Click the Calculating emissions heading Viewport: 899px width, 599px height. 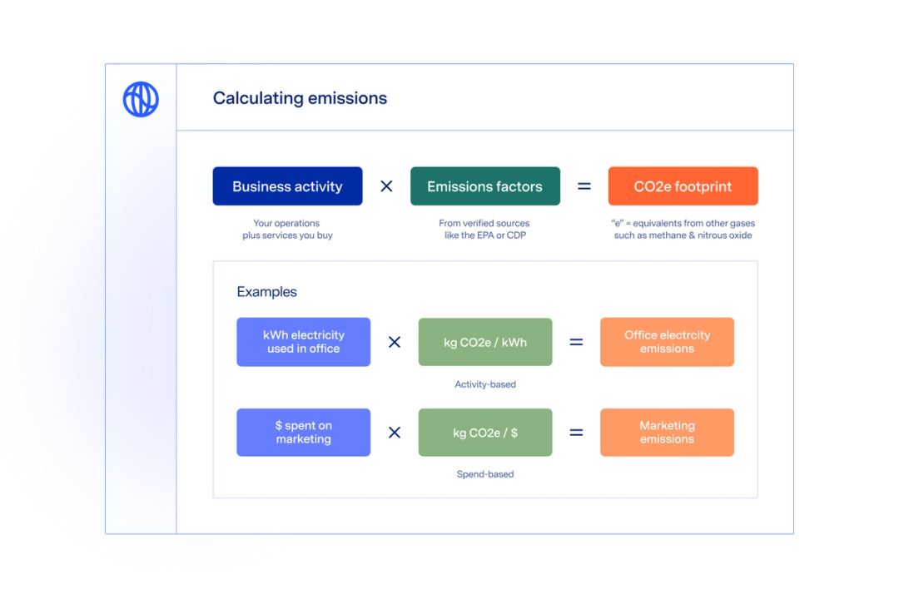(x=300, y=98)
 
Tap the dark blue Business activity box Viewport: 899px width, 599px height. (x=287, y=186)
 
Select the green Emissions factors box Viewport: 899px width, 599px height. (x=484, y=186)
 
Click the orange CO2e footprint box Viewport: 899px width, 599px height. (x=683, y=186)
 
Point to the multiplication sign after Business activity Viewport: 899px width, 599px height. (x=386, y=186)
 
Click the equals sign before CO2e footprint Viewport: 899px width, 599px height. (x=584, y=186)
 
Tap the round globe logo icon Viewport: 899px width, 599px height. (x=140, y=99)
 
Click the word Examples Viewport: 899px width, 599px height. (x=266, y=292)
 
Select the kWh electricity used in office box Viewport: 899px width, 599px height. (x=303, y=342)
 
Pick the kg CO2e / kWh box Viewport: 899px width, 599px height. (x=484, y=342)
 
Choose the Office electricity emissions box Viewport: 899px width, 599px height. (x=667, y=342)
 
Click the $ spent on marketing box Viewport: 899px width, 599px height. (x=303, y=433)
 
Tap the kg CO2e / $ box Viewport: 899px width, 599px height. (x=484, y=433)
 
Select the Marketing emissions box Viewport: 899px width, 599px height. (x=667, y=433)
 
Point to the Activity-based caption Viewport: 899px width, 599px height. (x=484, y=384)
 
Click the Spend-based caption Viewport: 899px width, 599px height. (x=484, y=474)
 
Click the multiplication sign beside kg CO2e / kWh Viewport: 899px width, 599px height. (x=395, y=342)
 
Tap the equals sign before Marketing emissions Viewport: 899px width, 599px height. (x=576, y=433)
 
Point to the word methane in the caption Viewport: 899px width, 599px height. (x=664, y=235)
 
